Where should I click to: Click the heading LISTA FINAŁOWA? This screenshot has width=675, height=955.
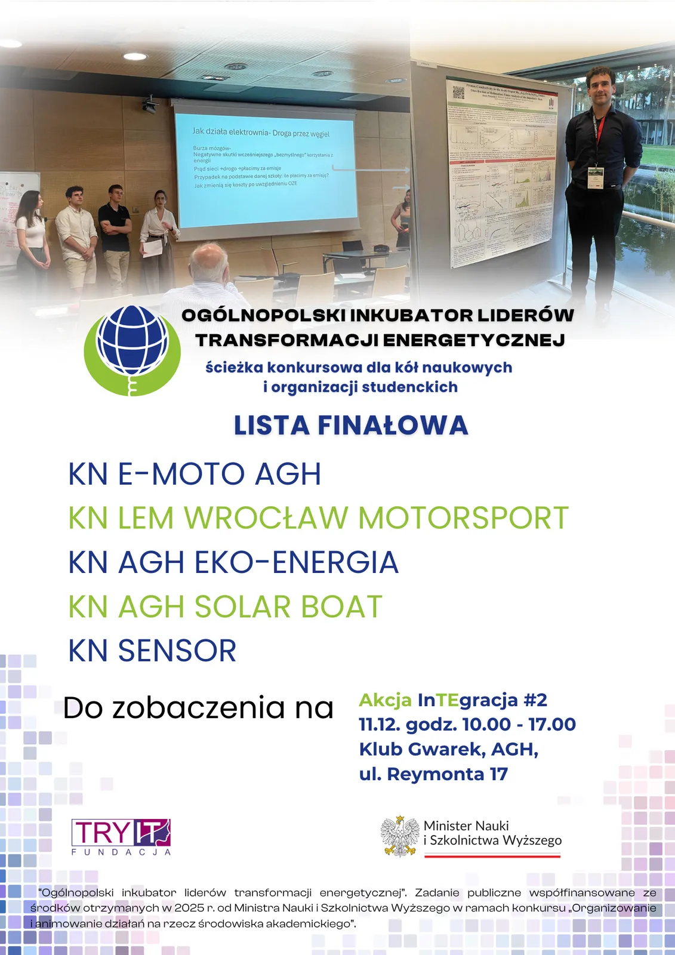click(x=350, y=426)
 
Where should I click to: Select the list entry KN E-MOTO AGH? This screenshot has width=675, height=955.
click(x=195, y=474)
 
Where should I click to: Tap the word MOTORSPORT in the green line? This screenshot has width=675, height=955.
click(x=463, y=517)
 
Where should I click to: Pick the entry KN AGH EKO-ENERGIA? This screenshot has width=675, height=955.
click(x=233, y=562)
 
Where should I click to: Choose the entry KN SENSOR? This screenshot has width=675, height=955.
click(x=153, y=651)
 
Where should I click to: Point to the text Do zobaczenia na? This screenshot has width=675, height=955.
click(x=198, y=708)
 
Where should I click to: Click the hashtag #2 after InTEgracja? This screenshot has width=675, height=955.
click(x=535, y=700)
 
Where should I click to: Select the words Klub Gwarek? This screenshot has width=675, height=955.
click(x=422, y=749)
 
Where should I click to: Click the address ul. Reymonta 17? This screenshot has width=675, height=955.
click(x=433, y=774)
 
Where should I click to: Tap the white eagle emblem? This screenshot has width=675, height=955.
click(x=400, y=836)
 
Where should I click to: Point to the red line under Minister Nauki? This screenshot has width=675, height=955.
click(x=492, y=856)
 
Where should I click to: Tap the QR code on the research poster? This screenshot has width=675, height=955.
click(x=458, y=93)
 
